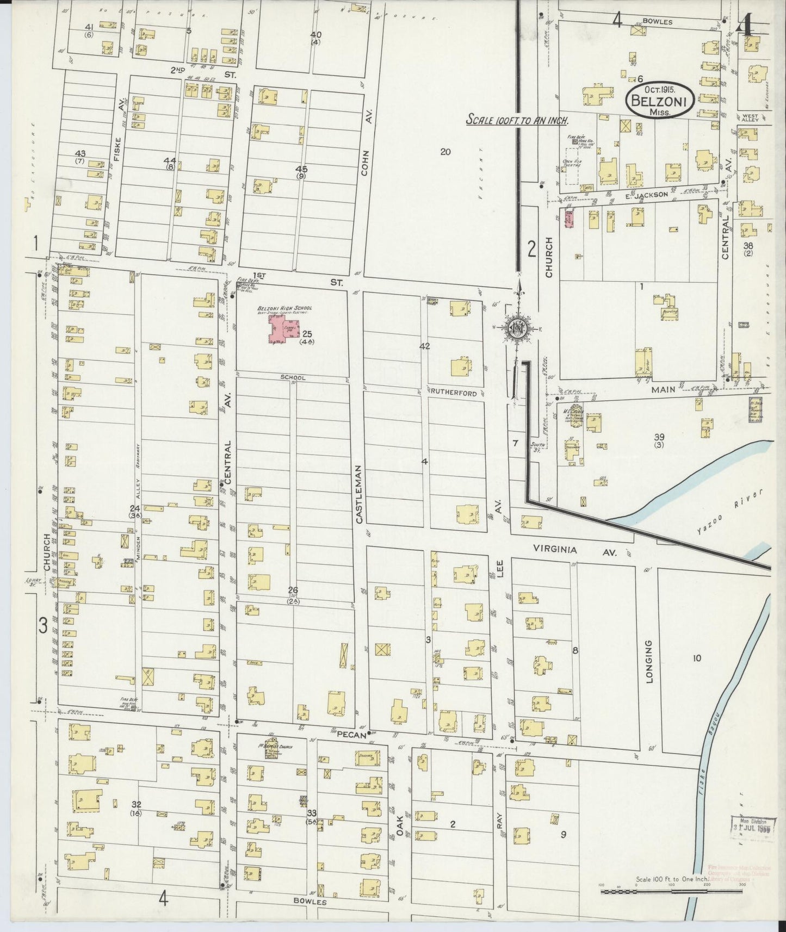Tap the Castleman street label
[360, 494]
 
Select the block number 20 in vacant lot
[445, 152]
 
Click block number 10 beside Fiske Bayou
[697, 658]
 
